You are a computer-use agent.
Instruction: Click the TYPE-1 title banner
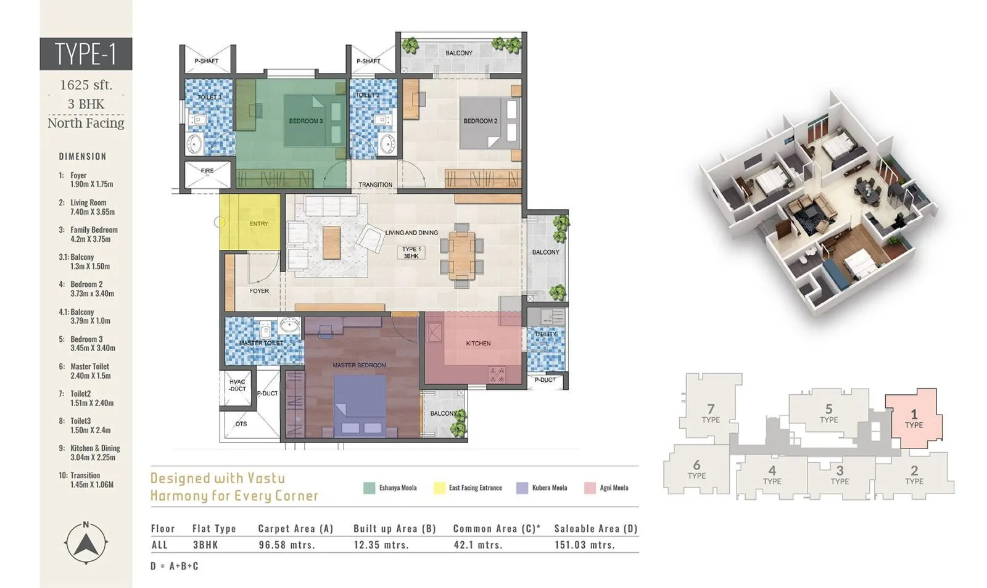coord(86,54)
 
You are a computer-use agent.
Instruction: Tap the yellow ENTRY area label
coord(258,223)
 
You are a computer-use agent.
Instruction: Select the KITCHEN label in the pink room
coord(478,343)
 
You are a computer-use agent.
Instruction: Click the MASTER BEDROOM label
coord(359,365)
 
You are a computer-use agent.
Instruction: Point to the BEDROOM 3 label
coord(305,121)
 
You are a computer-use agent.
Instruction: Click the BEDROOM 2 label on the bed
coord(480,121)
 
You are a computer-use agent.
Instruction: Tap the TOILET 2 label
coord(367,95)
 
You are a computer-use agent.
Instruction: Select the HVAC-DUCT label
coord(237,385)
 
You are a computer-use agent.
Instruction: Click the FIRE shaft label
coord(207,170)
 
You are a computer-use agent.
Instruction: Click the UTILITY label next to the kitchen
coord(545,334)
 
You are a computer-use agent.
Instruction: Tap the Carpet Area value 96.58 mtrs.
coord(287,545)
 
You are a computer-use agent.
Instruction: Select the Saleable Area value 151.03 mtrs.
coord(584,545)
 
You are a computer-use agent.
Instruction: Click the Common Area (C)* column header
coord(496,528)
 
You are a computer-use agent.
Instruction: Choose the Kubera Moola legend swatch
coord(522,488)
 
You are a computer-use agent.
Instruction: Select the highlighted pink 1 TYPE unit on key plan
coord(914,418)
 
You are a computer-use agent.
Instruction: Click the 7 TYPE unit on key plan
coord(711,413)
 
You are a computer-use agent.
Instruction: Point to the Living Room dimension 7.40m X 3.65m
coord(92,212)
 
